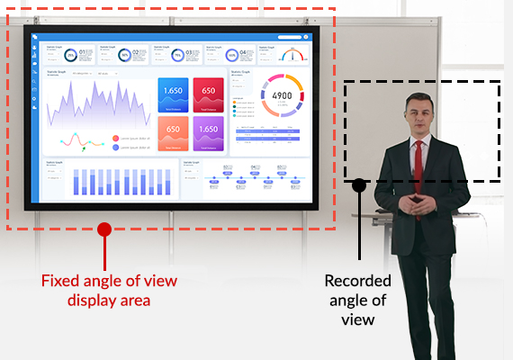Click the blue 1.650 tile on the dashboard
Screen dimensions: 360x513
click(x=173, y=94)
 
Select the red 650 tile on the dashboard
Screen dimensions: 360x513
click(x=208, y=94)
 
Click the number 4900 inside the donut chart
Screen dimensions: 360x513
click(x=281, y=95)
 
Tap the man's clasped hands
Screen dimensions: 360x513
click(x=417, y=203)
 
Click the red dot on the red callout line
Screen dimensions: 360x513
click(x=103, y=229)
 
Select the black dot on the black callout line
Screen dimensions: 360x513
click(x=359, y=184)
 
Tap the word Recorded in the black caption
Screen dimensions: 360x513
click(x=357, y=281)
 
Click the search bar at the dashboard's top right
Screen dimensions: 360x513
click(x=292, y=37)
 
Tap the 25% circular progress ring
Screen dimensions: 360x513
click(x=69, y=55)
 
